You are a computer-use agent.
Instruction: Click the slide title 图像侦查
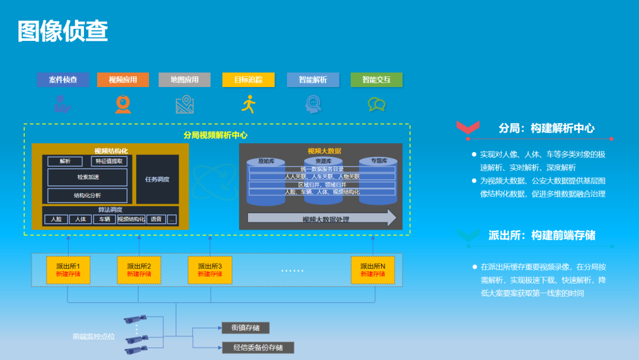(x=63, y=31)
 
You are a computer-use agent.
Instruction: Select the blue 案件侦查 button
(x=63, y=80)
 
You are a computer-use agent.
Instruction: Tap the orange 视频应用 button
(x=123, y=80)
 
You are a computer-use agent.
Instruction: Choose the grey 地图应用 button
(x=185, y=80)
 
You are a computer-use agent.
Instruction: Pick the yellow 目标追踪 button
(x=248, y=80)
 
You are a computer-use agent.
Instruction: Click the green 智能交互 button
(x=376, y=80)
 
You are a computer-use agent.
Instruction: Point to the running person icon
(x=248, y=104)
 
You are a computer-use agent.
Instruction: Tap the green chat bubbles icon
(x=376, y=105)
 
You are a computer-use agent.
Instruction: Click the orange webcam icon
(x=123, y=104)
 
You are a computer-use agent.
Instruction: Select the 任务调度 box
(x=157, y=179)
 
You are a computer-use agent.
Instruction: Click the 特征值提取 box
(x=109, y=161)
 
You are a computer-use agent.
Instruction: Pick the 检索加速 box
(x=88, y=177)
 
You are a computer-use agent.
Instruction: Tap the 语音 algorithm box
(x=156, y=219)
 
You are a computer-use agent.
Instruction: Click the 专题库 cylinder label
(x=379, y=160)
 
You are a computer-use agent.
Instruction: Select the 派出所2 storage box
(x=139, y=270)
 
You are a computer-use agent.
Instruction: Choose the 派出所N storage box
(x=373, y=270)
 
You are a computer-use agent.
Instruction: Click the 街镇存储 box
(x=246, y=327)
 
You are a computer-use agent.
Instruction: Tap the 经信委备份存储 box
(x=258, y=348)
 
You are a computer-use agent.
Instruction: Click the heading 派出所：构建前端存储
(x=542, y=235)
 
